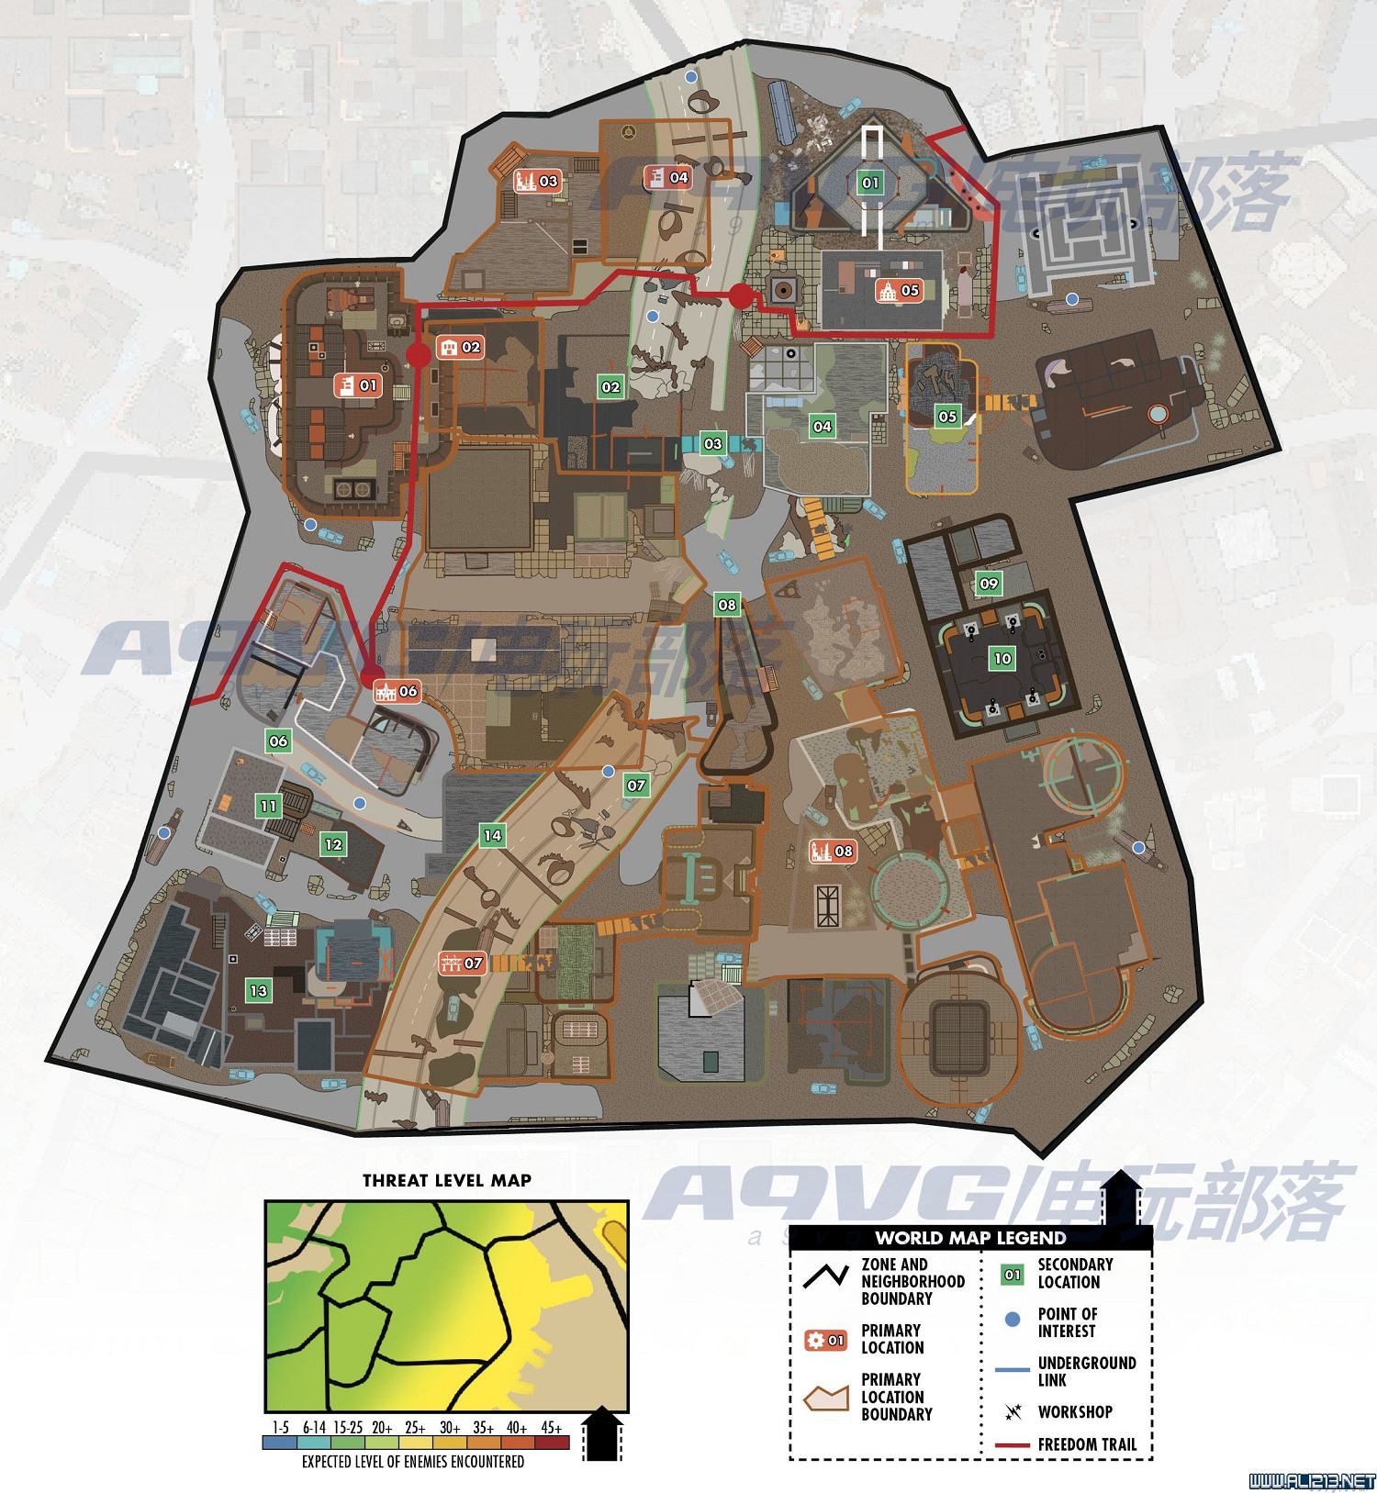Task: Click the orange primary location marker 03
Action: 537,181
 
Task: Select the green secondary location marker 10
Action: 1002,658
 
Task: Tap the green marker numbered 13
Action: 259,990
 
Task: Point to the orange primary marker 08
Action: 832,851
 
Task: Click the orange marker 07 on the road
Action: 462,963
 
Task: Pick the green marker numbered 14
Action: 493,835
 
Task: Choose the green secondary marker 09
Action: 989,583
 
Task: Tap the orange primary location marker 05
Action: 899,290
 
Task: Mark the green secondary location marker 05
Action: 947,416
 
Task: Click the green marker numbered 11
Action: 268,807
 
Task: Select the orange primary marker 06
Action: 397,691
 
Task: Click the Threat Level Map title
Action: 446,1180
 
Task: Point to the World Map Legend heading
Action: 970,1238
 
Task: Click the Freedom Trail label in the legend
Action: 1087,1444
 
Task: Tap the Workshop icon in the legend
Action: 1013,1411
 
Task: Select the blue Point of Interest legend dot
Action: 1013,1319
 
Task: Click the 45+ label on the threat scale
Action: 551,1427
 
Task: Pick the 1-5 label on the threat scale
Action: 281,1427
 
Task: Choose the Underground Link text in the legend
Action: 1087,1371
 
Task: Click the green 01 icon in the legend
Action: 1013,1274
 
